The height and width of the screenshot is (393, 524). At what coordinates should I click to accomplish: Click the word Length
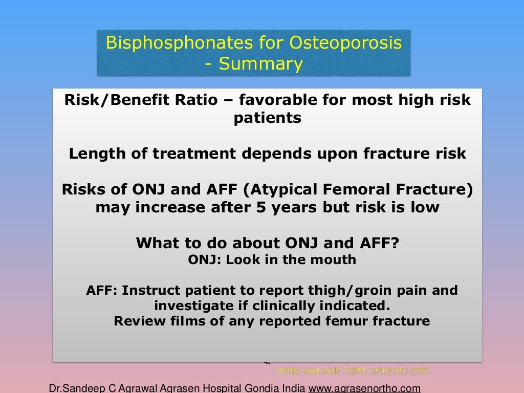pyautogui.click(x=93, y=154)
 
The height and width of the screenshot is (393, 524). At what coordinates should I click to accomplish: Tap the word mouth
pyautogui.click(x=334, y=259)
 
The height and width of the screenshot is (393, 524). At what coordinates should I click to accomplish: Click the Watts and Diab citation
pyautogui.click(x=354, y=370)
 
